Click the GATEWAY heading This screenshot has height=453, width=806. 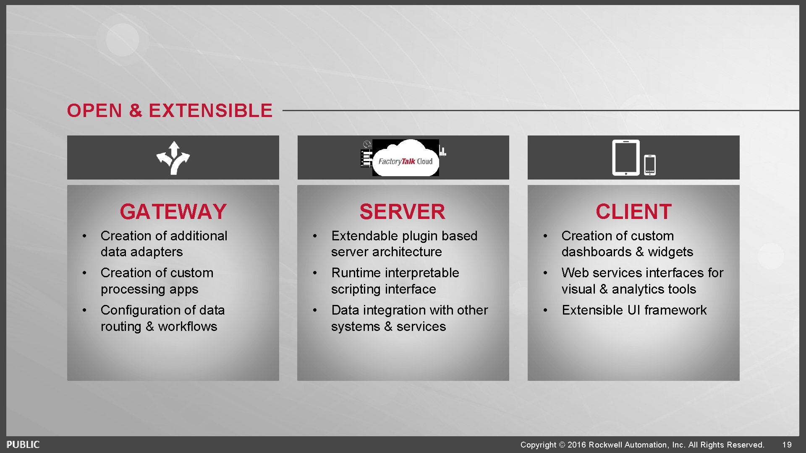pyautogui.click(x=173, y=212)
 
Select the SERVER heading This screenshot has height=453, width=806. pyautogui.click(x=402, y=212)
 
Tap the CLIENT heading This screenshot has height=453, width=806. pyautogui.click(x=633, y=212)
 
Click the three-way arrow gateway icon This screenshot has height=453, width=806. pyautogui.click(x=173, y=158)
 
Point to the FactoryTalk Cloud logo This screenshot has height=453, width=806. pyautogui.click(x=405, y=159)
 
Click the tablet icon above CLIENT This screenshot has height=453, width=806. pyautogui.click(x=625, y=158)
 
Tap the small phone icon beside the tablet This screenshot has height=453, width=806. pyautogui.click(x=650, y=165)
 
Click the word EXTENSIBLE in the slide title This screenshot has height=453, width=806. pyautogui.click(x=210, y=111)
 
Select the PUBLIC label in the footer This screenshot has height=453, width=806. pyautogui.click(x=23, y=445)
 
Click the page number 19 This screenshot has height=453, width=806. pyautogui.click(x=787, y=445)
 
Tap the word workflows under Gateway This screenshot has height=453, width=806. pyautogui.click(x=187, y=327)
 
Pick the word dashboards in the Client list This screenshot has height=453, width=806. pyautogui.click(x=596, y=252)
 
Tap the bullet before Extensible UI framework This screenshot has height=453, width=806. pyautogui.click(x=545, y=310)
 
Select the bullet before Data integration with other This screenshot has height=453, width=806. pyautogui.click(x=315, y=310)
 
